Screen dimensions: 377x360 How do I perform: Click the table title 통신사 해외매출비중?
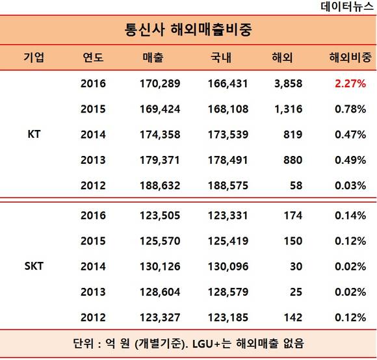pos(188,29)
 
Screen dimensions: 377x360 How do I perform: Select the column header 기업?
pos(34,57)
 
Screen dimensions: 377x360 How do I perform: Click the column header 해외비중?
pos(350,57)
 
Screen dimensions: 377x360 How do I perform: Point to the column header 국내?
pos(221,57)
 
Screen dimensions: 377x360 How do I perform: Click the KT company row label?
pos(34,134)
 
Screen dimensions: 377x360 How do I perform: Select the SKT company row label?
pos(34,266)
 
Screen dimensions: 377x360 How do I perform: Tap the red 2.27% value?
pos(350,84)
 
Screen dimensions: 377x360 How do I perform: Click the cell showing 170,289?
pos(160,84)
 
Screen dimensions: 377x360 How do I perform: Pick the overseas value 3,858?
pos(289,84)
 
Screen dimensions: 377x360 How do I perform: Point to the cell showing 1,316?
pos(289,109)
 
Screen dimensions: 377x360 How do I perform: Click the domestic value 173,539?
pos(228,135)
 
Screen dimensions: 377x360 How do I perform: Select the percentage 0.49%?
pos(350,160)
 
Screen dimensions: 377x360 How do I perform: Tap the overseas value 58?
pos(296,186)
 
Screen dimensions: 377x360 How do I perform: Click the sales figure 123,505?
pos(160,215)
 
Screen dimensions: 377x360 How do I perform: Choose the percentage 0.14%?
pos(350,215)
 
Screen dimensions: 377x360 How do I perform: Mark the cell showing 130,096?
pos(228,266)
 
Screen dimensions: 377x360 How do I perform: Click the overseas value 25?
pos(296,292)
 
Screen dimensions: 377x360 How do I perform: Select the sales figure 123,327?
pos(160,318)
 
